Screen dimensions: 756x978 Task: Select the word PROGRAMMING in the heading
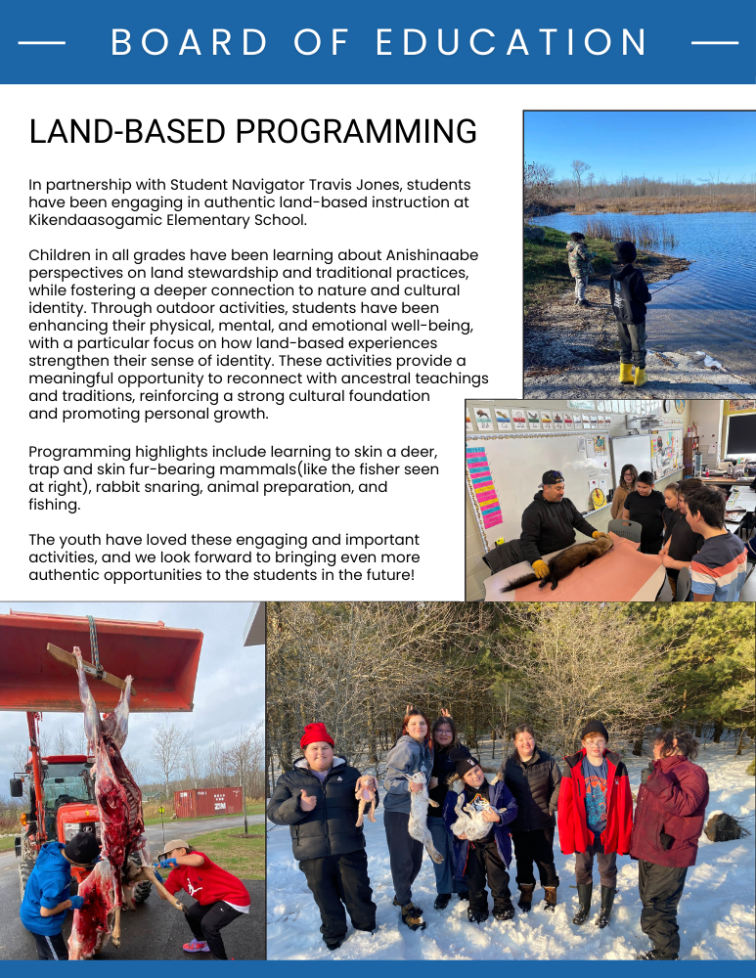356,131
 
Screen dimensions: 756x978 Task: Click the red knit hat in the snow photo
317,734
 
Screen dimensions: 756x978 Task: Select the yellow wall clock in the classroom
598,497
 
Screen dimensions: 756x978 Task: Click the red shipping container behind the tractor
208,803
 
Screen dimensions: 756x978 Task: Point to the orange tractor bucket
100,662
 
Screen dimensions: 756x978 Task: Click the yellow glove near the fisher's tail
540,568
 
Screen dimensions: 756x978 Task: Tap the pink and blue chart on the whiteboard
483,486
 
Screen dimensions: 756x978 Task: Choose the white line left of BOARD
42,43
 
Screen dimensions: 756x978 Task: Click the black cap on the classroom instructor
552,476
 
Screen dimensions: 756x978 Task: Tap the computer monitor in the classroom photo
741,434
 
